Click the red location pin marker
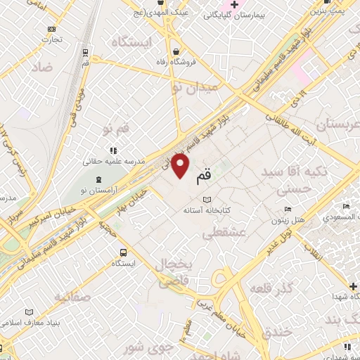pos(181,166)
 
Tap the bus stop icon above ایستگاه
pos(124,252)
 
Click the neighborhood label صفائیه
pos(71,297)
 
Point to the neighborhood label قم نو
pos(115,129)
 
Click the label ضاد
pos(42,67)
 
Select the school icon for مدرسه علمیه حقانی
pos(112,150)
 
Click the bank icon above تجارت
pos(51,29)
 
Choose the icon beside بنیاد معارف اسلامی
pos(29,312)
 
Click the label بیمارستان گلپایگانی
pos(237,15)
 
